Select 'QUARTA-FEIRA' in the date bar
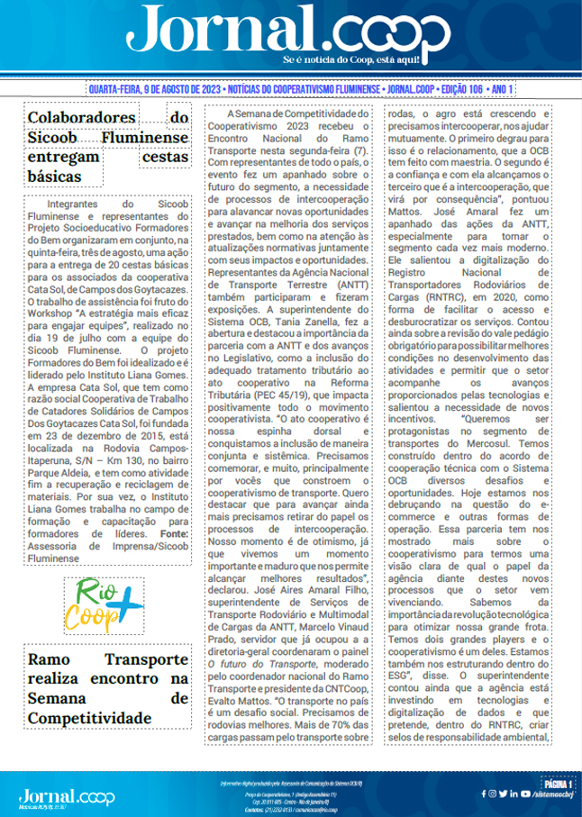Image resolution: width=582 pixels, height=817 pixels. click(120, 90)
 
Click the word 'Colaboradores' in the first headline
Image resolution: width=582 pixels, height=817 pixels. click(82, 118)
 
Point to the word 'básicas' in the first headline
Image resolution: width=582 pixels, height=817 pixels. click(54, 177)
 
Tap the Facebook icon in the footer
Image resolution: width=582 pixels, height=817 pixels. click(493, 794)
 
